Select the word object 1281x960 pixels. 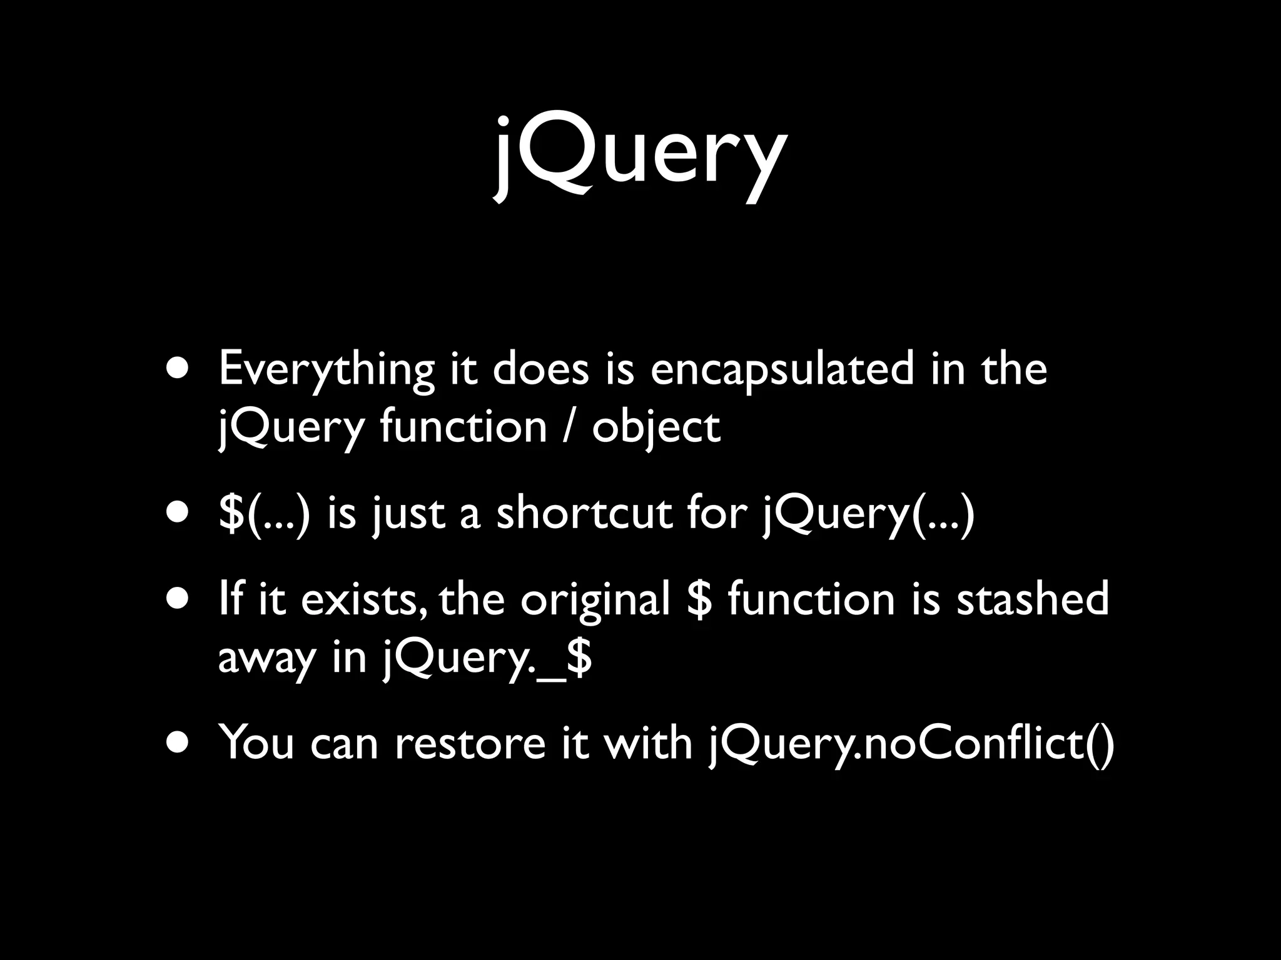point(656,428)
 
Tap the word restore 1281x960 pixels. point(470,744)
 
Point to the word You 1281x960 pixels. point(256,744)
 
